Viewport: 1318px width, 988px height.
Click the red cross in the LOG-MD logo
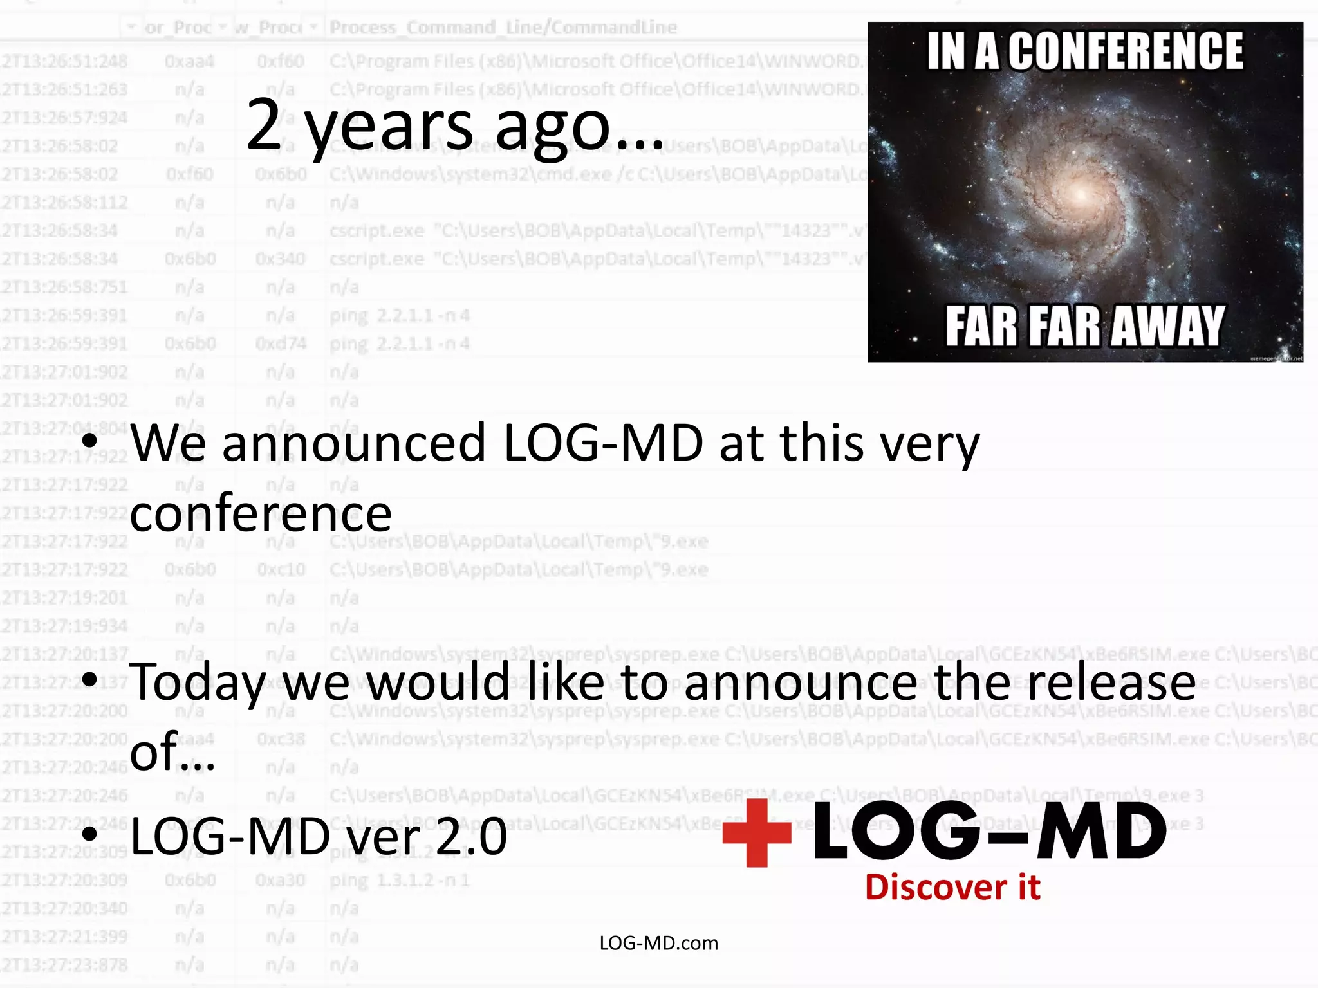[756, 832]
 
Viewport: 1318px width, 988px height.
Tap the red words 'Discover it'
[952, 888]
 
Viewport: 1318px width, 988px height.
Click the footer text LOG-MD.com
[658, 943]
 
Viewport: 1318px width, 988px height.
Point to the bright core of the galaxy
[1081, 194]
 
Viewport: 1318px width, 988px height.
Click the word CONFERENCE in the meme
[1126, 51]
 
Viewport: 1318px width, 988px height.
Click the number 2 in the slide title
[264, 125]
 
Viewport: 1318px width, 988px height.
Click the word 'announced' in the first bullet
[354, 444]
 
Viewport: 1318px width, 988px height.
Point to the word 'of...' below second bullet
[172, 753]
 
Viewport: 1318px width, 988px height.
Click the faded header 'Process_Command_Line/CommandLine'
[503, 28]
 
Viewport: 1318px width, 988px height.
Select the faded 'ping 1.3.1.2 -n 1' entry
[399, 880]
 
